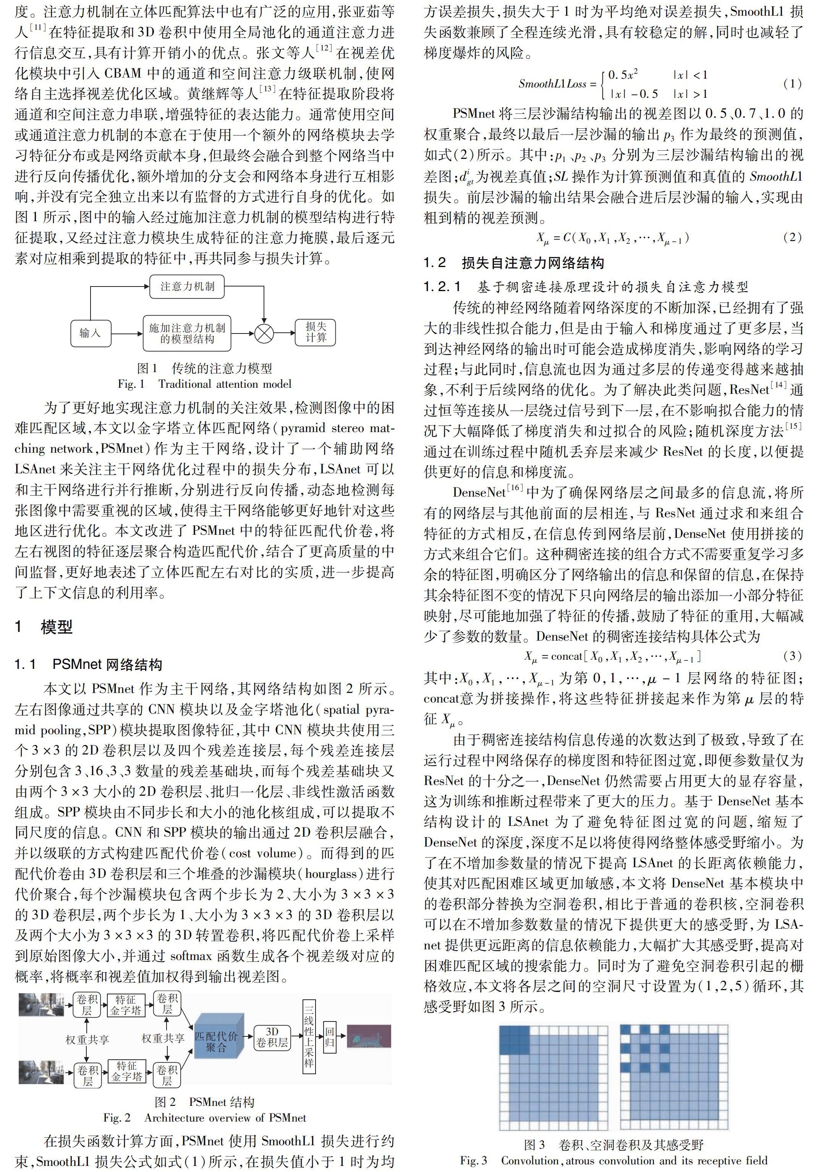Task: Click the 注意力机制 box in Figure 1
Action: [187, 287]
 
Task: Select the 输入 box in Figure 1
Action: [90, 332]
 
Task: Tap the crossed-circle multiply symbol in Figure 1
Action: [264, 333]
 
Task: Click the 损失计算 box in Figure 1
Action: [316, 332]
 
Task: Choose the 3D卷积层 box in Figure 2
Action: [272, 1037]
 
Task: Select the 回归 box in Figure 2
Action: [330, 1036]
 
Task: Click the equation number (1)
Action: [792, 83]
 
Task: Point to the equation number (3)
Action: [792, 656]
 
